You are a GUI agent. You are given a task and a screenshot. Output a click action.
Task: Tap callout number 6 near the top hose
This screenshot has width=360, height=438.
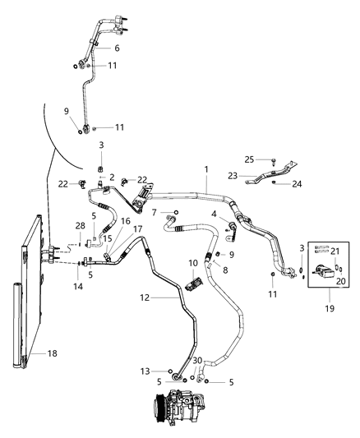tap(117, 48)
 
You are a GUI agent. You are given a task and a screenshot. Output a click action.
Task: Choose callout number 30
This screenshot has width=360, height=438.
tap(196, 361)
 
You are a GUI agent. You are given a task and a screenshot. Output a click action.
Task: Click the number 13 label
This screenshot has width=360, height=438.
tap(145, 371)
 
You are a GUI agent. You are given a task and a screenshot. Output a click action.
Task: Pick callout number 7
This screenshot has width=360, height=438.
tap(155, 213)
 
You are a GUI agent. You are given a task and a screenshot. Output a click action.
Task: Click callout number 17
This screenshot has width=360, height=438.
tap(137, 230)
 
